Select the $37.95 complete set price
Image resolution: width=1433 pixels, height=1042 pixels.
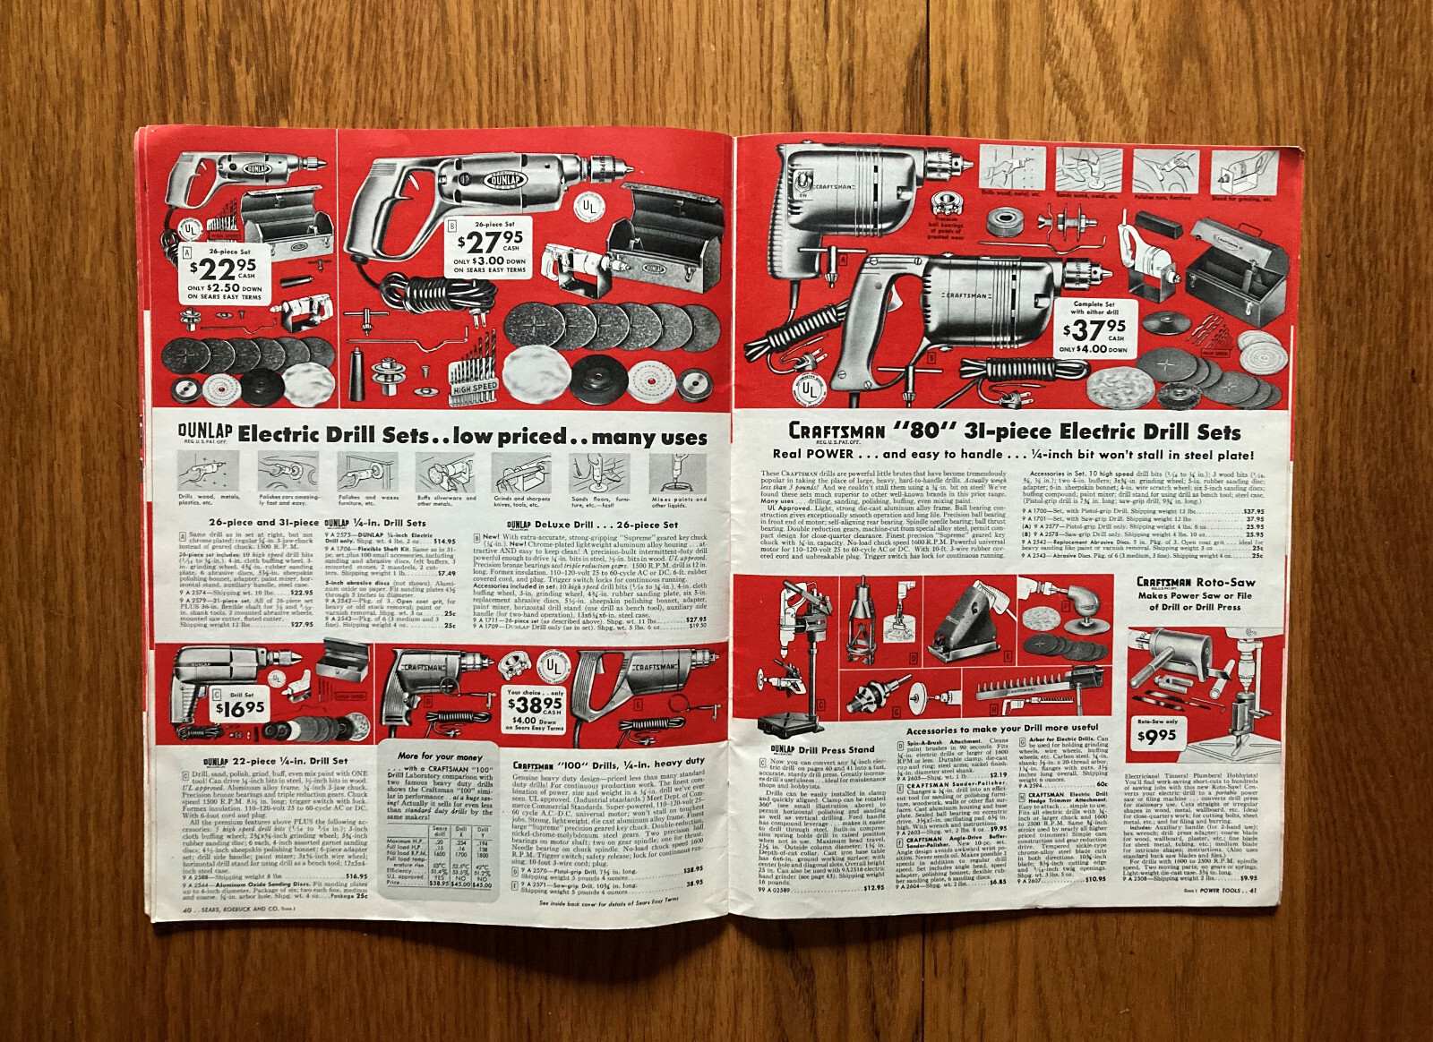(1092, 329)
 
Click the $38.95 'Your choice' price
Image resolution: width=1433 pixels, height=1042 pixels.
(535, 704)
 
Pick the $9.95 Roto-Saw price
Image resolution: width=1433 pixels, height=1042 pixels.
(1156, 737)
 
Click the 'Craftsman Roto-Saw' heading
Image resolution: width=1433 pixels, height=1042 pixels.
(1195, 582)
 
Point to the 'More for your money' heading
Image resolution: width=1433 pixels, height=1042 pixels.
(440, 756)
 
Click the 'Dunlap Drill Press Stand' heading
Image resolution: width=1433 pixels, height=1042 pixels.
(822, 749)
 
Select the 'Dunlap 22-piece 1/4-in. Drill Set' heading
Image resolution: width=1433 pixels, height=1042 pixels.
(265, 761)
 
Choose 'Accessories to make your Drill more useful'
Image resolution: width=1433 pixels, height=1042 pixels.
(1002, 728)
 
